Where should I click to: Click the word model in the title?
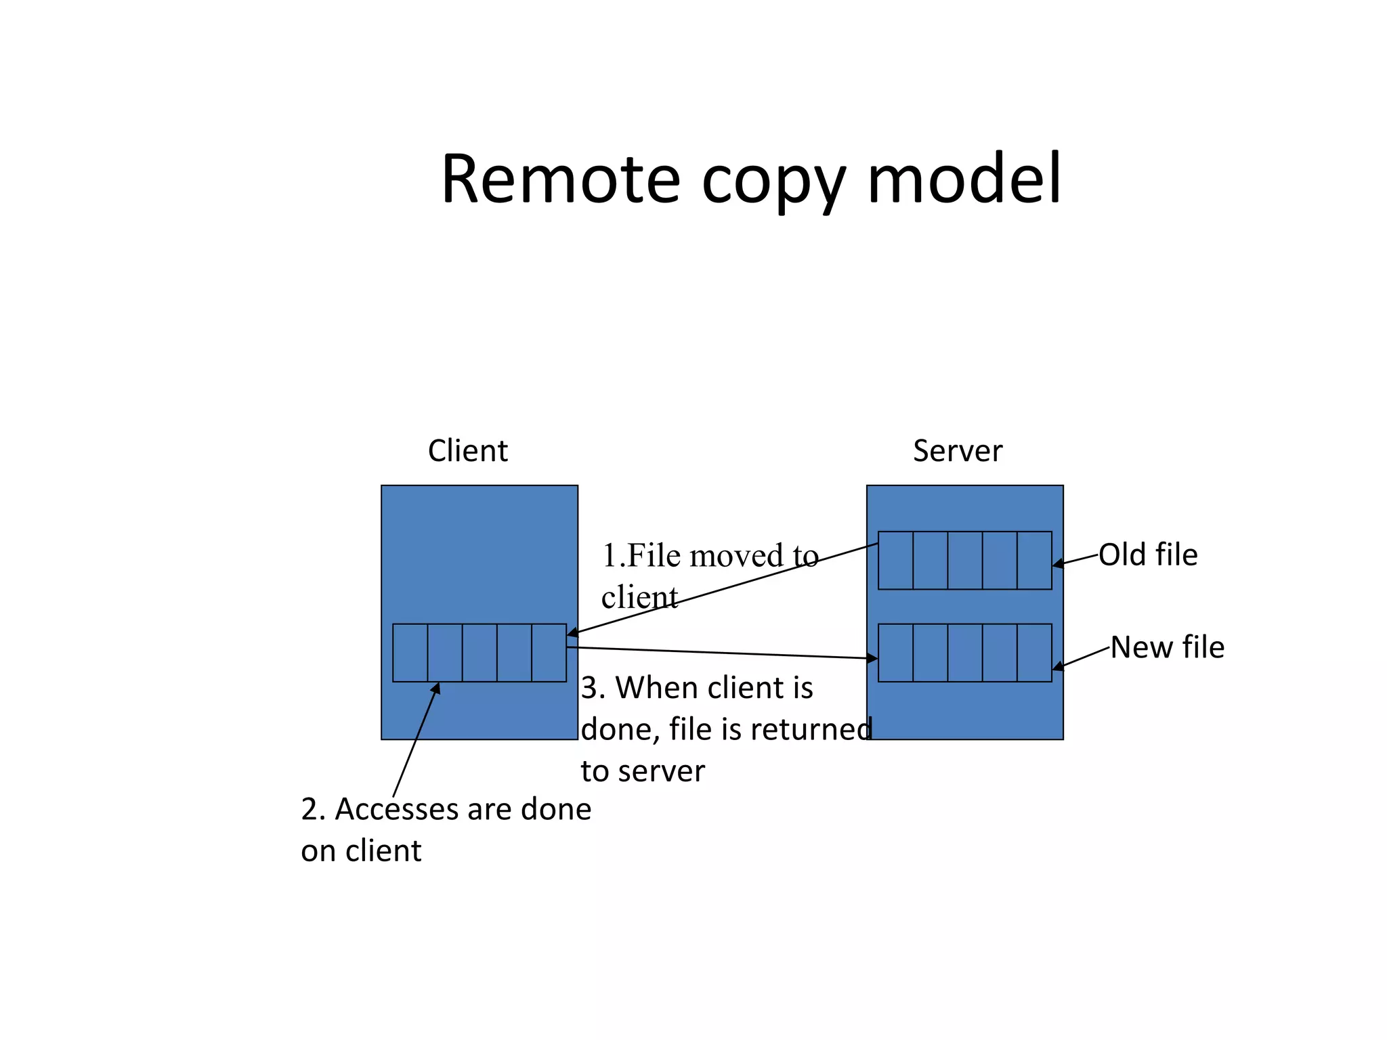(964, 180)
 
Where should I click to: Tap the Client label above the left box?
(467, 451)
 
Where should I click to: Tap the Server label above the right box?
(957, 451)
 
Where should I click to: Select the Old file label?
(1148, 555)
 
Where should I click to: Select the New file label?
(1168, 647)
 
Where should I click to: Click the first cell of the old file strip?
(895, 560)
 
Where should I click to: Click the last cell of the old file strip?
(1034, 560)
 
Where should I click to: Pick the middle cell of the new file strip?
(964, 653)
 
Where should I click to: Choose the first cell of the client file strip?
(410, 653)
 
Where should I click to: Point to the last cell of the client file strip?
(549, 653)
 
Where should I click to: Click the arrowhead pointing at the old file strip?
(1058, 564)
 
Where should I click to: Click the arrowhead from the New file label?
(1059, 667)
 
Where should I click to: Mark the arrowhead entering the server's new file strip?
(872, 657)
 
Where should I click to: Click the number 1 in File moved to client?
(609, 556)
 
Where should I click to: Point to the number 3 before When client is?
(589, 689)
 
